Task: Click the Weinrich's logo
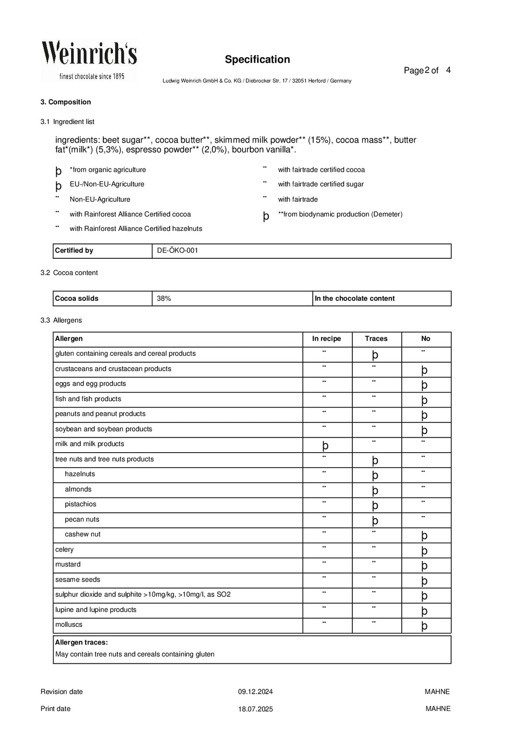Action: click(x=89, y=60)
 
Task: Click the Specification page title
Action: click(x=257, y=60)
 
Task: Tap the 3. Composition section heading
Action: click(x=65, y=102)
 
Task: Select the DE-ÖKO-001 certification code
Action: click(x=177, y=251)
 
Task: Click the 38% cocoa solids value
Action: click(x=164, y=299)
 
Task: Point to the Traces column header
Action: click(x=376, y=339)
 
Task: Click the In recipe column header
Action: click(x=326, y=339)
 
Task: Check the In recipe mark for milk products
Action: click(x=325, y=445)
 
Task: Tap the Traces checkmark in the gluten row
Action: click(x=375, y=355)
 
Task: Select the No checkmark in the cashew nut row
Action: click(x=424, y=535)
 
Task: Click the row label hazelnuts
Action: click(x=80, y=474)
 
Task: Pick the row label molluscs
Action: click(x=69, y=625)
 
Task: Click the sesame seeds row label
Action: click(x=78, y=580)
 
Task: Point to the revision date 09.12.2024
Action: click(x=255, y=692)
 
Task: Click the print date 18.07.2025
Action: click(x=255, y=709)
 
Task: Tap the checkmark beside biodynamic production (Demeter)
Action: click(x=266, y=216)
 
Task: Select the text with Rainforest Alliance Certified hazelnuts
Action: click(x=136, y=229)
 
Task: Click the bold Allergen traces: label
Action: click(x=81, y=643)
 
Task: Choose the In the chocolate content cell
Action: click(x=355, y=299)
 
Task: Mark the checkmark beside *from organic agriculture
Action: click(x=59, y=171)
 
